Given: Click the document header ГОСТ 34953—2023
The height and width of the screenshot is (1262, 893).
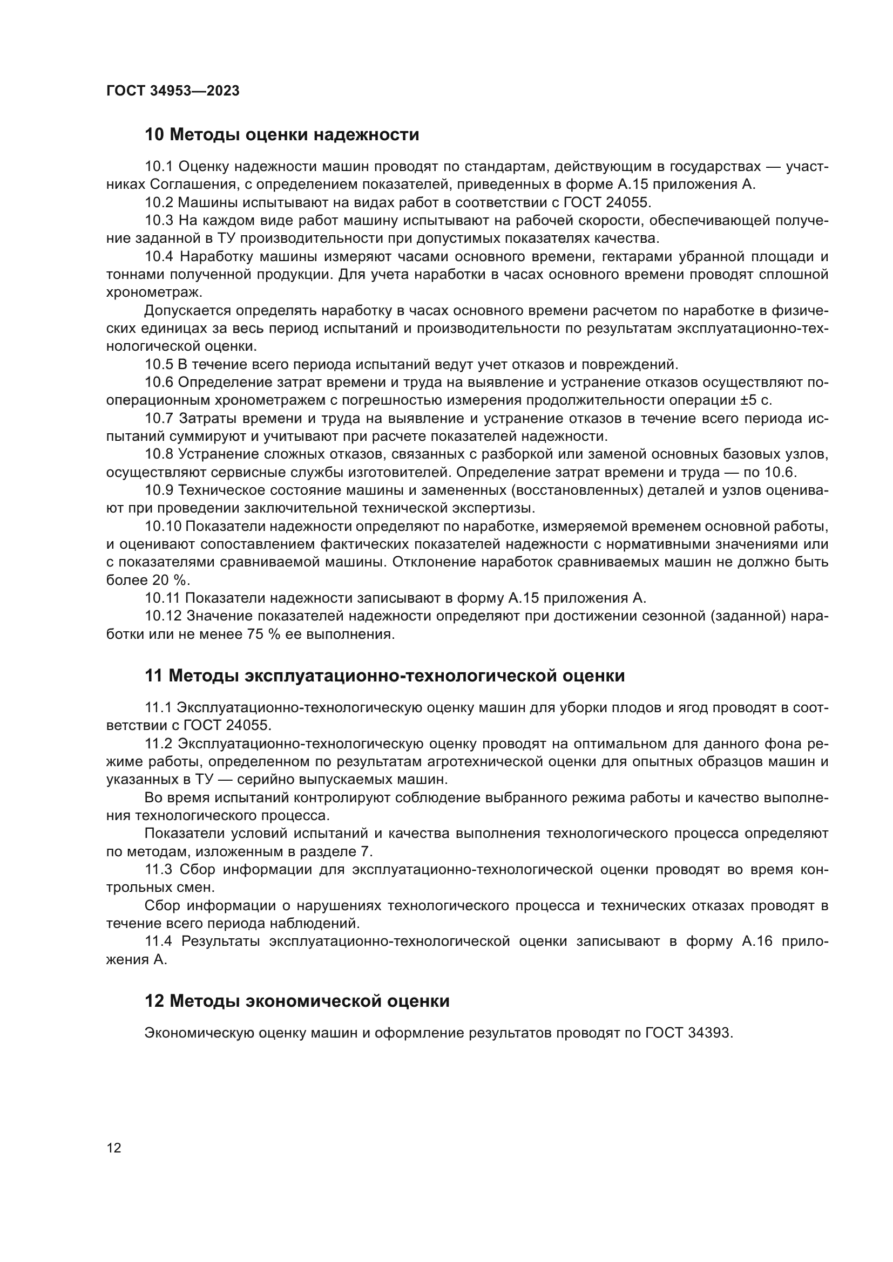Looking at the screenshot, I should click(173, 91).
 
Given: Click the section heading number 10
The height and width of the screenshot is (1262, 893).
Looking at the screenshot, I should click(154, 135).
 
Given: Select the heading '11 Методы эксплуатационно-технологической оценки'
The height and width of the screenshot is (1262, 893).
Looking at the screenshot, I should click(384, 676).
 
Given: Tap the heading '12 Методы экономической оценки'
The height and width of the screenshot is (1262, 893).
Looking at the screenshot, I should click(297, 1001).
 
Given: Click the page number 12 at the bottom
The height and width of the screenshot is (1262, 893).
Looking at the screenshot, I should click(114, 1148).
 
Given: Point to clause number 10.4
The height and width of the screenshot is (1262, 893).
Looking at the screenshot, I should click(159, 257).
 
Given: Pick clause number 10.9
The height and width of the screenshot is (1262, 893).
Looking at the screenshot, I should click(159, 490).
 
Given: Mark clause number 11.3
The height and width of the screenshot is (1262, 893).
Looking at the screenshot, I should click(158, 869).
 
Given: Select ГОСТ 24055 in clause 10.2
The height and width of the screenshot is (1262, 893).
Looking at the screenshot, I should click(607, 202).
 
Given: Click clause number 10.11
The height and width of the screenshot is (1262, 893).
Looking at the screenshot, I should click(163, 598).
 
